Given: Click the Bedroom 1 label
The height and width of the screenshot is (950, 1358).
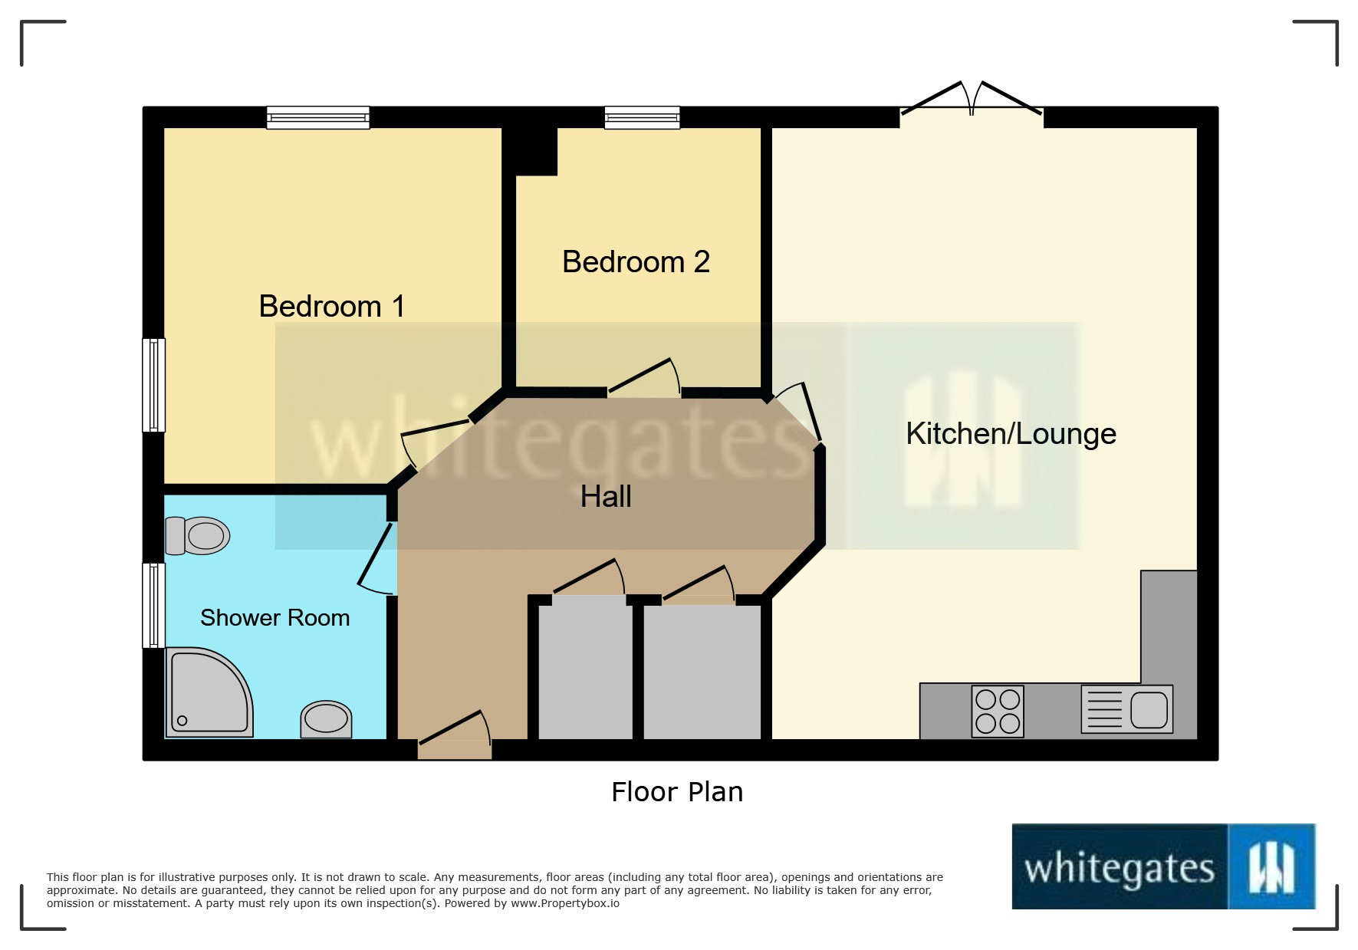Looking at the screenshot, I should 331,307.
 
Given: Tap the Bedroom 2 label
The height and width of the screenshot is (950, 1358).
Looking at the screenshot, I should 636,262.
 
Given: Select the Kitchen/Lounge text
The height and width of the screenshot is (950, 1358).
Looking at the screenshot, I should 1011,434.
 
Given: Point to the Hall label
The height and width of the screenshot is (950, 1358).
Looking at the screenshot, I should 606,497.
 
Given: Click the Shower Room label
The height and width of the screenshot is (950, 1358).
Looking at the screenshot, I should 275,618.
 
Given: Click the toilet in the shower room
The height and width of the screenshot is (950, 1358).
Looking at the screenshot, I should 198,535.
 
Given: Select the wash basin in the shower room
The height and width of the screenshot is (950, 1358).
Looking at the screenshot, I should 327,719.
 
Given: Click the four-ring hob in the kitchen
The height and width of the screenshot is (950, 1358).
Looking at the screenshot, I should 998,712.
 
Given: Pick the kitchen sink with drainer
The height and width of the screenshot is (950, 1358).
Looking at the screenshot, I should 1126,709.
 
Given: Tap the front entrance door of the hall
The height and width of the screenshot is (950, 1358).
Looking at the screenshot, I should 455,736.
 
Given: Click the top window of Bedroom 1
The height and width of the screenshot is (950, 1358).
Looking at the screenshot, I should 318,117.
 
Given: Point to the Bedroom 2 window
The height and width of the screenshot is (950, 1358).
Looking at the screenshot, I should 642,117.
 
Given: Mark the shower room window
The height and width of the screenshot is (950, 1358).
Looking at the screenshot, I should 154,605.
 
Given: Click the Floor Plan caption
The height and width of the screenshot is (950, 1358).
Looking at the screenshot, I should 677,792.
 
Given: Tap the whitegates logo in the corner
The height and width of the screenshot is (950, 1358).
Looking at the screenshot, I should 1163,867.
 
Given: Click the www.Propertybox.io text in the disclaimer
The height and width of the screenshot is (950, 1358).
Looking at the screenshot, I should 565,904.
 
